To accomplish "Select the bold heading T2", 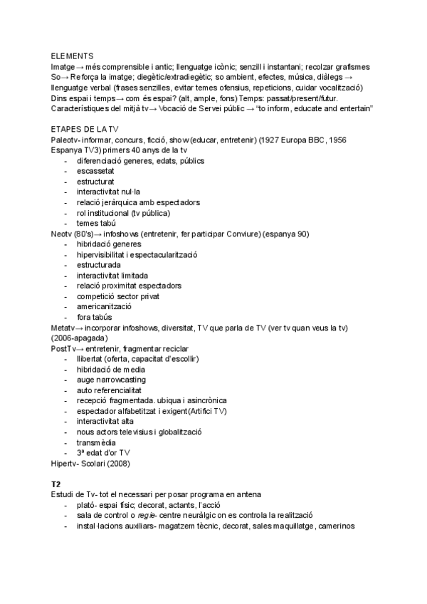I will coord(56,484).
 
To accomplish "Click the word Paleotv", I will coord(65,140).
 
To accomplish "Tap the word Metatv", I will coord(65,328).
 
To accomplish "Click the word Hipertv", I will coord(65,463).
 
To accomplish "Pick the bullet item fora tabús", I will coord(94,317).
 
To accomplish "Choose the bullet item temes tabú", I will coord(96,223).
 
